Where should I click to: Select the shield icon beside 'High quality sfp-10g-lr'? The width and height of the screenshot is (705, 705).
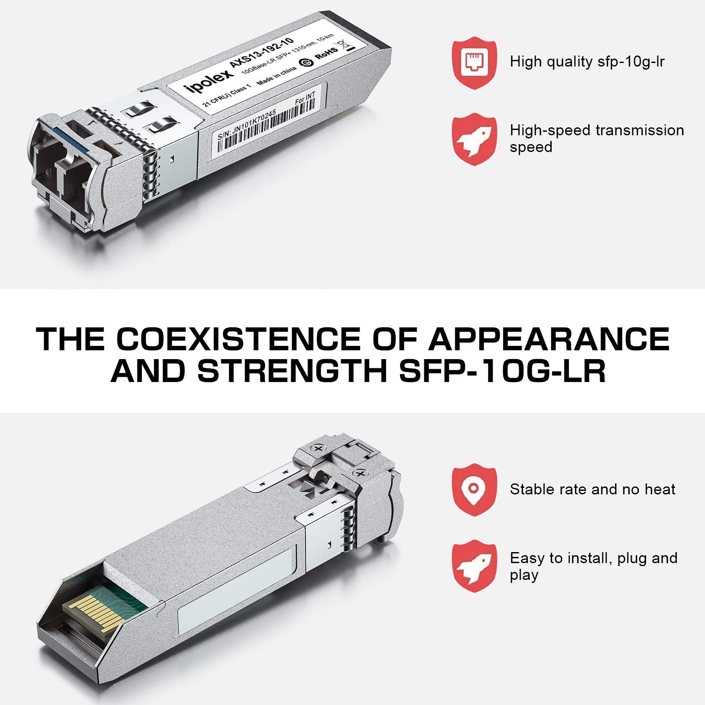click(474, 63)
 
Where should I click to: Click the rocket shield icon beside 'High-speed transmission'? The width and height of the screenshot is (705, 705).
click(474, 139)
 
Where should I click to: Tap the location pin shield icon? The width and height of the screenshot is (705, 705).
click(474, 489)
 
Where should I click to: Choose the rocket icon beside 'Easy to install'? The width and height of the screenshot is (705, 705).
click(474, 566)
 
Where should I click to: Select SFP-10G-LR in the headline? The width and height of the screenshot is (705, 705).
click(502, 371)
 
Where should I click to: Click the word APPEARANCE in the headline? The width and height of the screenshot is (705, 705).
click(549, 339)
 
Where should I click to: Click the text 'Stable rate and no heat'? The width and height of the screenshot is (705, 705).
click(592, 489)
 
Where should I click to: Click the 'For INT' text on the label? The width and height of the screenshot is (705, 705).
click(305, 98)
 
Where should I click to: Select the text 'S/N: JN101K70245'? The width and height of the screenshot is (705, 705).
click(247, 124)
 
